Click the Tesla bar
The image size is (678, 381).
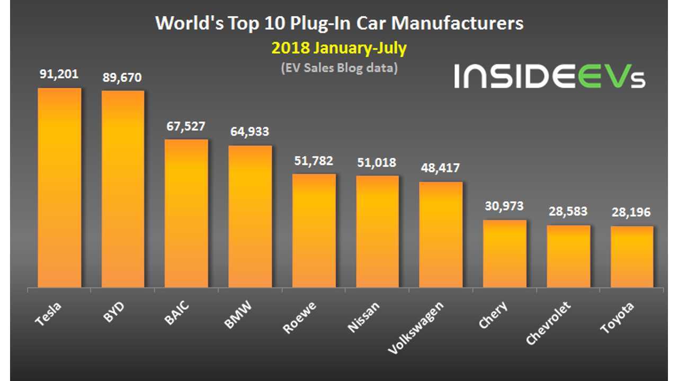coord(59,188)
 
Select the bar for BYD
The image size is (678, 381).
coord(123,189)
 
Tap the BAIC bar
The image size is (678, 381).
coord(186,214)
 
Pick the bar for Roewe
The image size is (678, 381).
coord(314,231)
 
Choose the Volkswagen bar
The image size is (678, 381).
coord(441,235)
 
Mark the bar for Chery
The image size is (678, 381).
coord(505,254)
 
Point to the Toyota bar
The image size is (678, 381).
coord(632,257)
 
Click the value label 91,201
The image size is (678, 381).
coord(59,76)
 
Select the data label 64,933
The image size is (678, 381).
coord(250,132)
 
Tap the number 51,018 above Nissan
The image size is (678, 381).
coord(377,162)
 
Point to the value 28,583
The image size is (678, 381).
coord(568,212)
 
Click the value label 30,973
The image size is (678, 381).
coord(505,206)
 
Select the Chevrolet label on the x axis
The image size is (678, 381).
coord(550,322)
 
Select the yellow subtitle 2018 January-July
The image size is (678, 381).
coord(339,48)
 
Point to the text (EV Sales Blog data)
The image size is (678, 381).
coord(339,68)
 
